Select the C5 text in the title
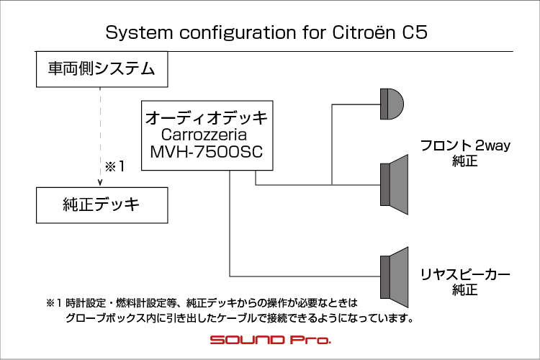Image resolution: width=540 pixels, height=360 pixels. coord(415,32)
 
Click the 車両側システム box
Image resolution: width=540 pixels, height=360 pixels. coord(102,69)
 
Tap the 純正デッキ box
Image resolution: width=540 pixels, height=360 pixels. coord(102,205)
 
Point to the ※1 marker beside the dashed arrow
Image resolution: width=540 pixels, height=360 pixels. coord(114,167)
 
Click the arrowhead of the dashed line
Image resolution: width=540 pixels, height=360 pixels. coord(100,183)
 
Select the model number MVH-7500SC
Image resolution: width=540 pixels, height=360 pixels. coord(207,152)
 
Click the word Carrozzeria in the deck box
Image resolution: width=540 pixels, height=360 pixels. coord(204,135)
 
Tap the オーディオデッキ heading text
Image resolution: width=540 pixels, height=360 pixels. coord(207,118)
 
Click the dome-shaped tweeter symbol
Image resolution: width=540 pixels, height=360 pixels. coord(392,104)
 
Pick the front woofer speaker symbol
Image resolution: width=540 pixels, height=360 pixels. coord(395,184)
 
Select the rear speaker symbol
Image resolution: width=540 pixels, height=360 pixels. coord(395,277)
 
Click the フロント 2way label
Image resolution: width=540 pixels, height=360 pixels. coord(465,145)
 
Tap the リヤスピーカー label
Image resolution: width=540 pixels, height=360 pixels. coord(465,274)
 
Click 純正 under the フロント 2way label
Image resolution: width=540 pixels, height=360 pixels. coord(465,161)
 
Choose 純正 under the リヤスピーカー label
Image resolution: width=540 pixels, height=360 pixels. coord(465,289)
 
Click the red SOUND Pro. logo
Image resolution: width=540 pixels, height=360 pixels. coord(271,340)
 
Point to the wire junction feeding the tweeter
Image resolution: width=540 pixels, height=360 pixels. coord(332,185)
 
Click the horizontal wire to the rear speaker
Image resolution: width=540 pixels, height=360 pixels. coord(305,276)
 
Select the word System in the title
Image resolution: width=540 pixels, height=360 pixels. coord(139,32)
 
